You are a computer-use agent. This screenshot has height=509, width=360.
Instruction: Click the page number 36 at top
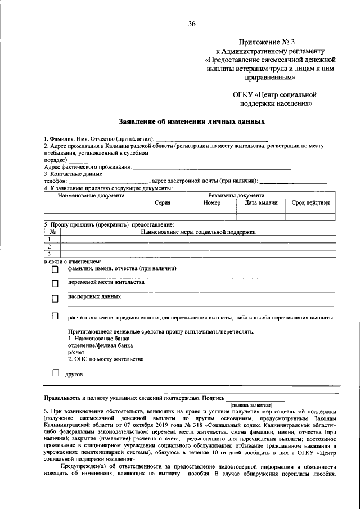(x=192, y=23)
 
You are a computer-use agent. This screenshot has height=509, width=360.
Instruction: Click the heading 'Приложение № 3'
(x=265, y=42)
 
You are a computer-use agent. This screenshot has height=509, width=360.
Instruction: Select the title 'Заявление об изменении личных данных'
(x=192, y=121)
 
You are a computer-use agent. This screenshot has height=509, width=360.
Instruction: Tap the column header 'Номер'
(x=211, y=202)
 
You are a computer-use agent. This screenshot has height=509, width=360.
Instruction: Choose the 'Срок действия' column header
(x=310, y=202)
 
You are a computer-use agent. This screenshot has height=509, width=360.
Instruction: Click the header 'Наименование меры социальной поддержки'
(x=198, y=232)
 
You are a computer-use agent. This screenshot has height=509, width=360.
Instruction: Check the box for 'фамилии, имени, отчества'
(x=55, y=270)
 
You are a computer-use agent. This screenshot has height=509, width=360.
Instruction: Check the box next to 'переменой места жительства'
(x=55, y=284)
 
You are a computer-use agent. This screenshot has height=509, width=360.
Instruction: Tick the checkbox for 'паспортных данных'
(x=55, y=298)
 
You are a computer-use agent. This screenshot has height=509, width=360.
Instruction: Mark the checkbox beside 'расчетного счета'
(x=55, y=317)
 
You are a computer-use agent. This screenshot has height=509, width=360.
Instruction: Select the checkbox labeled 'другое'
(x=55, y=373)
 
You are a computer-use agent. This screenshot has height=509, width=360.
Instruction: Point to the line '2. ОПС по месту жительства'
(x=106, y=359)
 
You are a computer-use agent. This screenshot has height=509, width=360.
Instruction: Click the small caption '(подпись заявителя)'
(x=251, y=404)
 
